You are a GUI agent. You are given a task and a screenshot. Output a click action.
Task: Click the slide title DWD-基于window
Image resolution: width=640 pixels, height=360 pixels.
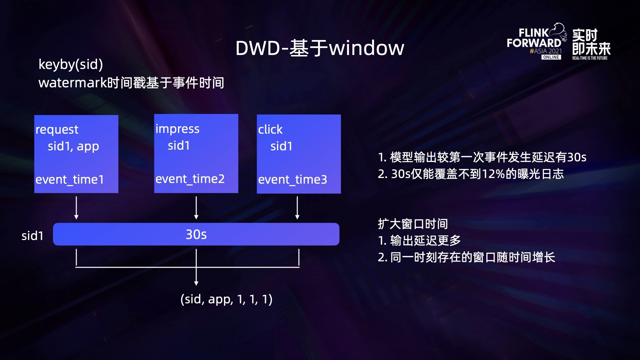coord(320,48)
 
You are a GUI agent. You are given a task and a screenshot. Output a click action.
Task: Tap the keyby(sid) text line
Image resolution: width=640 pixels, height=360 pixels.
coord(71,64)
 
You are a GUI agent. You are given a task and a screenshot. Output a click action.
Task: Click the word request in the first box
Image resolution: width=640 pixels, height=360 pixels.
coord(57,130)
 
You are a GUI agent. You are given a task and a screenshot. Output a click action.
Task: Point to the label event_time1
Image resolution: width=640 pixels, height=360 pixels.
coord(70,180)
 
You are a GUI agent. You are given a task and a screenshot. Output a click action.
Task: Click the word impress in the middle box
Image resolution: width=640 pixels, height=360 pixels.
coord(177,129)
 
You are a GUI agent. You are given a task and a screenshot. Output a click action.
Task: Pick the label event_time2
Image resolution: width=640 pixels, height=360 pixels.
coord(190,179)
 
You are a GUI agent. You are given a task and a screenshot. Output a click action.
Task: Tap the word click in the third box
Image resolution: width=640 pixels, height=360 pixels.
coord(270,129)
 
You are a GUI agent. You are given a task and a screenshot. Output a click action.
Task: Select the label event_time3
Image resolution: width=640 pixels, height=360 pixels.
coord(293,180)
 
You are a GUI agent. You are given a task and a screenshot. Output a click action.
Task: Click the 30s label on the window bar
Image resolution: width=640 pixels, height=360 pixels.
coord(196,234)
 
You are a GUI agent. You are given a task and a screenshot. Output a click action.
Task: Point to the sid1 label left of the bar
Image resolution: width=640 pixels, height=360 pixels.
coord(32,236)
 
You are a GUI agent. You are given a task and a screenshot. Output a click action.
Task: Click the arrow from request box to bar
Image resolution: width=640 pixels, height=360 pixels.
coord(76,208)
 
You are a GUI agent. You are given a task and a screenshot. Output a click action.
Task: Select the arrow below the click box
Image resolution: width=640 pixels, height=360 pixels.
coord(297,208)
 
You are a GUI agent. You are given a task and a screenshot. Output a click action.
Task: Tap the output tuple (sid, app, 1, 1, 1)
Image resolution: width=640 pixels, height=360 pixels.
coord(226,299)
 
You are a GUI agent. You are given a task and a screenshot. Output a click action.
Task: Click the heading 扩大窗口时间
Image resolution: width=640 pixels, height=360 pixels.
coord(413,224)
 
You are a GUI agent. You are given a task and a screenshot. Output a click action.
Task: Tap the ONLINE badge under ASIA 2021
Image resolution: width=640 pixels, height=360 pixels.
coord(551,57)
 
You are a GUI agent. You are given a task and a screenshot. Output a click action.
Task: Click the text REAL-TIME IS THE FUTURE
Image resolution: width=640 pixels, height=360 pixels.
coord(590,58)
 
